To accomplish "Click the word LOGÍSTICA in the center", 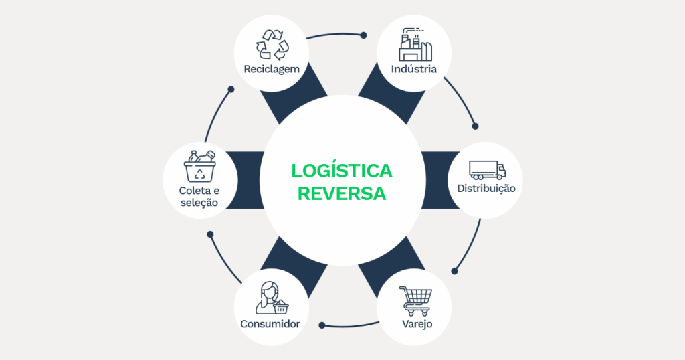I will pos(342,171).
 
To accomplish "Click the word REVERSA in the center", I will pos(342,193).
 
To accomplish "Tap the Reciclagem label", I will pos(271,69).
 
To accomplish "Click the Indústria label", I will pos(414,69).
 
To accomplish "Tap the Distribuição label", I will pos(486,188).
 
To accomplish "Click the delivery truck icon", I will pos(487,169).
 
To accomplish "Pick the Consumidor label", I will pos(270,325).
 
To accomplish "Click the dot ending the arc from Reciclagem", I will pos(364,35).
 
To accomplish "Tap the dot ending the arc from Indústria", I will pos(476,126).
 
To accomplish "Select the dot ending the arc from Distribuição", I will pos(455,271).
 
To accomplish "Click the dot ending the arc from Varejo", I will pos(322,325).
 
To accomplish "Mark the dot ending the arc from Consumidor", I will pos(210,234).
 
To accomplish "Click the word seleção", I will pos(198,202).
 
